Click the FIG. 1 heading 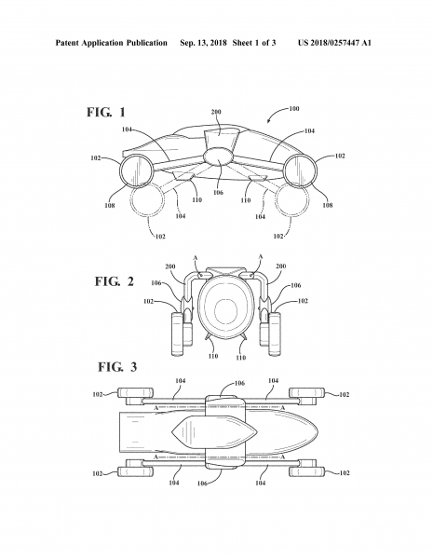[106, 113]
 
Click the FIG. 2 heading [114, 281]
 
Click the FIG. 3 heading [117, 367]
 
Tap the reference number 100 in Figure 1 [294, 108]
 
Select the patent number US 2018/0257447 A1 [334, 43]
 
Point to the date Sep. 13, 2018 [203, 43]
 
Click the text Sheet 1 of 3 [254, 43]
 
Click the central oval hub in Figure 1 [218, 157]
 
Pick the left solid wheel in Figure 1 [135, 171]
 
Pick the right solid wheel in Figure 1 [301, 170]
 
